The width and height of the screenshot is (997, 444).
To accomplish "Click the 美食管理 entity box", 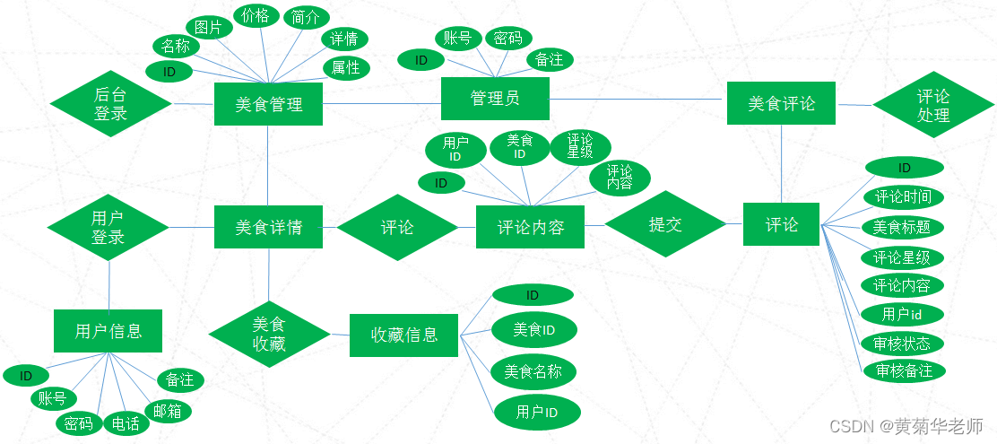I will (x=269, y=105).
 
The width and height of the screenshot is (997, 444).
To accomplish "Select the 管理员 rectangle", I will (x=495, y=98).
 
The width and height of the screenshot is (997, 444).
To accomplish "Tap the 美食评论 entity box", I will (x=782, y=104).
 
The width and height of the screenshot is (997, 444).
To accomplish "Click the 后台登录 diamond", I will (x=110, y=104).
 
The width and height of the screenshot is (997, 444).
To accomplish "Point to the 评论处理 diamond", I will (x=933, y=105).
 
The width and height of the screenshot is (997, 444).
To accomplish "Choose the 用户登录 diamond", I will (x=108, y=228).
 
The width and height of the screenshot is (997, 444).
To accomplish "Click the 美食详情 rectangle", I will (x=269, y=227).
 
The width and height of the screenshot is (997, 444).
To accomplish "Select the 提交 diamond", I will (x=665, y=224).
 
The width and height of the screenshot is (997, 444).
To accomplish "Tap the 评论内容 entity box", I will (x=530, y=227).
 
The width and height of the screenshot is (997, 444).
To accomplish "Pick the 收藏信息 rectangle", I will (x=404, y=335).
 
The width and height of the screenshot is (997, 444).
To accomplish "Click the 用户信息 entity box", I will (x=108, y=331).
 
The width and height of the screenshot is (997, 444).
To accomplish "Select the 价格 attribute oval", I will (x=256, y=16).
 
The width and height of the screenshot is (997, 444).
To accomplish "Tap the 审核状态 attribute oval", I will (x=902, y=344).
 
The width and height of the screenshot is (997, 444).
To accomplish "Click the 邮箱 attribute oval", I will (x=167, y=411).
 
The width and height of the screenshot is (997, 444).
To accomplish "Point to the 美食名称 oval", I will (x=533, y=371).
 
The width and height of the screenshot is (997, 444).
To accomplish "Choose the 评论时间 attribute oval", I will (x=903, y=197).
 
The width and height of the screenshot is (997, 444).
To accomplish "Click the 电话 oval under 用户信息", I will (x=125, y=423).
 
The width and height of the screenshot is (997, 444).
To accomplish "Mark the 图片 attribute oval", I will (x=208, y=28).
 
